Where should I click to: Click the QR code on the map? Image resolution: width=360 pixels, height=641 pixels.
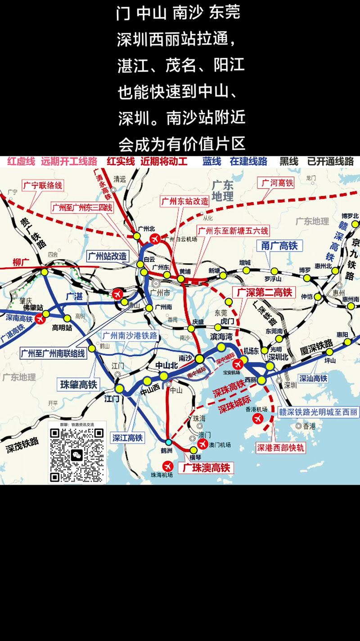pos(77,453)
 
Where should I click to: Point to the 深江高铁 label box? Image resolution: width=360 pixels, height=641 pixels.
pos(127,438)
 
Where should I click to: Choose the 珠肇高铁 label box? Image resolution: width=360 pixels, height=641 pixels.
pos(79,384)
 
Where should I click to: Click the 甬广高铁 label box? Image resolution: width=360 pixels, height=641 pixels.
pos(279,246)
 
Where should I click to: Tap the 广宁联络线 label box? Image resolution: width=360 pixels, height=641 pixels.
pos(42,185)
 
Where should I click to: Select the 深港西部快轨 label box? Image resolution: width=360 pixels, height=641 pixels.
pos(281,447)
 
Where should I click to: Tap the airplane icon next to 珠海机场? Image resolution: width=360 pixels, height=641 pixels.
pos(168,465)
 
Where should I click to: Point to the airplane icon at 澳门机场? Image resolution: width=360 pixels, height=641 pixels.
pos(202,444)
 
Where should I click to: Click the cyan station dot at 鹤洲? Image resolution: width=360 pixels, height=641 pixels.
pos(168,442)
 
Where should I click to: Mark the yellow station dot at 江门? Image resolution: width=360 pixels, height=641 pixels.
pos(120,388)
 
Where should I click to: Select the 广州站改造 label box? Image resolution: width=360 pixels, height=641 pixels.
pos(108,256)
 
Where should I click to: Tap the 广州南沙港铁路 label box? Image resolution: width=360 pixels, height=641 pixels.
pos(130,335)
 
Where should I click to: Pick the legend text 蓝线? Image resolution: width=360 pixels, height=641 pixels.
pos(211,162)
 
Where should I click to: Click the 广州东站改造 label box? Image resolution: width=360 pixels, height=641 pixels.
pos(185,201)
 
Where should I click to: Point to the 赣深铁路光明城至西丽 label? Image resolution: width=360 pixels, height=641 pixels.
pos(318,411)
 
